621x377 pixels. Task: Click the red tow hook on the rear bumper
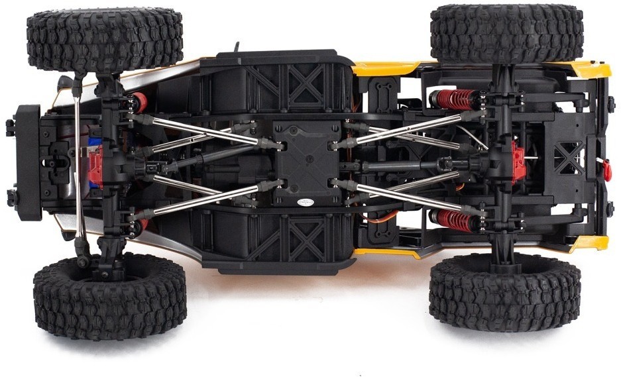point(606,168)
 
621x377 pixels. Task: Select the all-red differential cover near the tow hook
point(520,160)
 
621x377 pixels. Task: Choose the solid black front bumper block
point(27,162)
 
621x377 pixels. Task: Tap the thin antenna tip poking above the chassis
point(235,48)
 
